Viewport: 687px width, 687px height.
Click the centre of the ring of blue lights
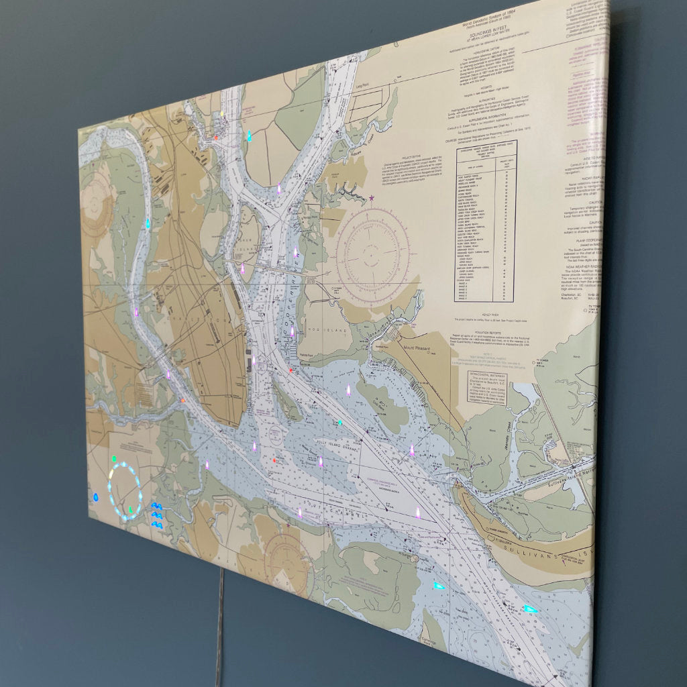[x=125, y=492]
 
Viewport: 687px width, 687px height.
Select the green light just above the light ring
[x=114, y=460]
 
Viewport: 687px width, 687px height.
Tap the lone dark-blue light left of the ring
[x=95, y=498]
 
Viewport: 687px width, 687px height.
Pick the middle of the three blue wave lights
[x=156, y=515]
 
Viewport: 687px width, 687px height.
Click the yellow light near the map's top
[x=222, y=115]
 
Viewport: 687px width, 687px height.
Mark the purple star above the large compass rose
[x=372, y=197]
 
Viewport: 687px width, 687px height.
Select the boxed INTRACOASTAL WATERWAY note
[x=487, y=390]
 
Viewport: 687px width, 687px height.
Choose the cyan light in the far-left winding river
[x=148, y=223]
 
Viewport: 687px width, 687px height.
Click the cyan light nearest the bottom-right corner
[x=530, y=609]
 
